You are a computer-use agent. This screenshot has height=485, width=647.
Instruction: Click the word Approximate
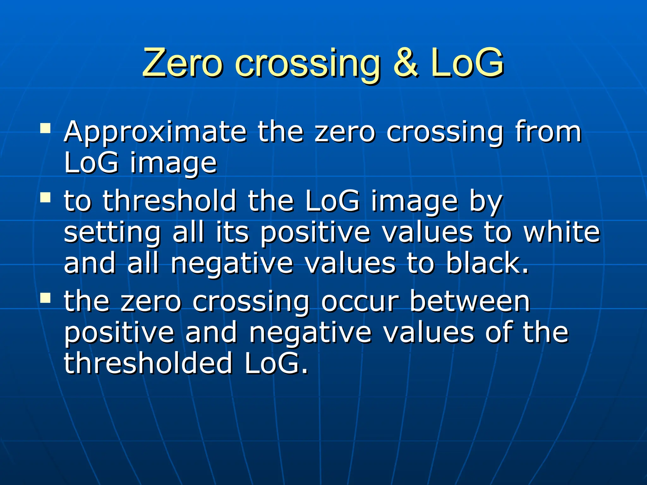pyautogui.click(x=155, y=132)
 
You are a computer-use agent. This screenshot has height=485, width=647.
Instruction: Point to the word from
pyautogui.click(x=548, y=132)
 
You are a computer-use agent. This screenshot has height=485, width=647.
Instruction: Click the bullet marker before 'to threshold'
pyautogui.click(x=45, y=198)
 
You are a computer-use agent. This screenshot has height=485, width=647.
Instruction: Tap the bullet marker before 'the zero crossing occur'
pyautogui.click(x=45, y=298)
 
